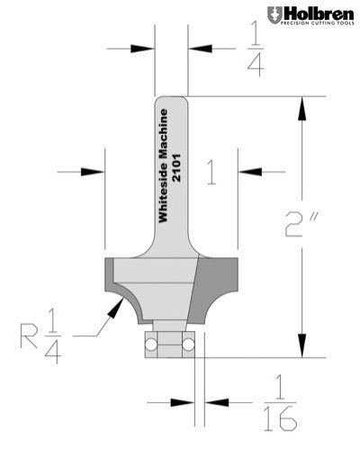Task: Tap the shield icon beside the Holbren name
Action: pyautogui.click(x=274, y=15)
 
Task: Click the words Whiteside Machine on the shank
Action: pyautogui.click(x=163, y=166)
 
